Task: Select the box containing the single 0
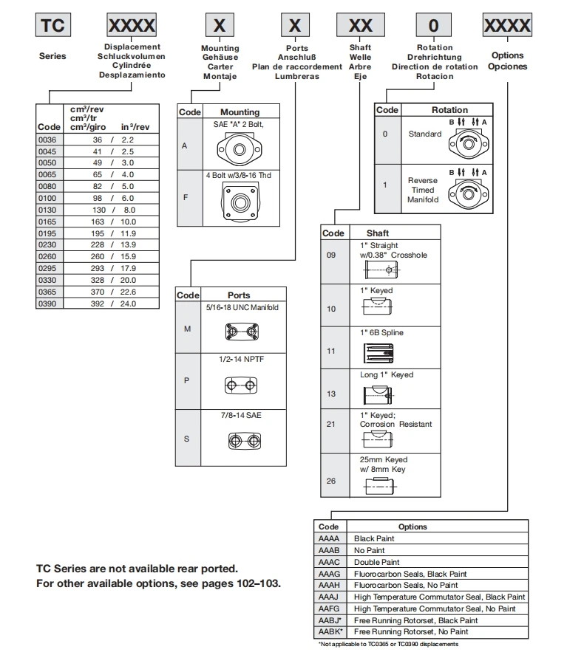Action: (434, 26)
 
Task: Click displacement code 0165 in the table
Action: (49, 221)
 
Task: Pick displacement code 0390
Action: (49, 304)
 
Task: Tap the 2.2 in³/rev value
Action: (126, 139)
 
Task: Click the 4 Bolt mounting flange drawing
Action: (240, 203)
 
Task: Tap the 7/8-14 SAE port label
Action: (240, 416)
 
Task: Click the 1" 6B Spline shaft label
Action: (382, 332)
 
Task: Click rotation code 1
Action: (384, 185)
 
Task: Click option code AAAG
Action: (328, 574)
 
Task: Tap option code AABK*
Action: (329, 632)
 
